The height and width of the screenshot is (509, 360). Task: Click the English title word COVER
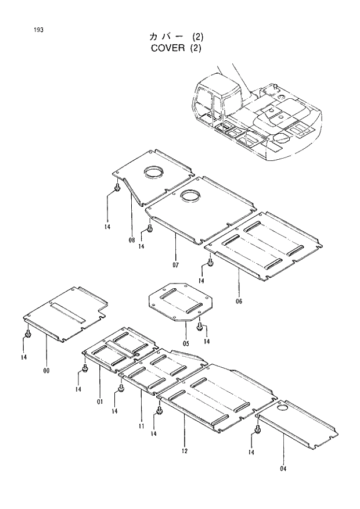click(167, 48)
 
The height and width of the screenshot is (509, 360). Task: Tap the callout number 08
click(132, 239)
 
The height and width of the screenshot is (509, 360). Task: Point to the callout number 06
click(239, 301)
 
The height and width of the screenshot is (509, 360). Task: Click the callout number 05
click(186, 343)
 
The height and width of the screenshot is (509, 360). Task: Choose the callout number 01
click(100, 400)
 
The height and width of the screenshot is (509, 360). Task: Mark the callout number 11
click(141, 426)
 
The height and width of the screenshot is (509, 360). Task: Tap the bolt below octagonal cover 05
click(199, 328)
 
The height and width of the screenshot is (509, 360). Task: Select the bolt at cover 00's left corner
click(27, 335)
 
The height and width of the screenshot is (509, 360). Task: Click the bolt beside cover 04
click(257, 431)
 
